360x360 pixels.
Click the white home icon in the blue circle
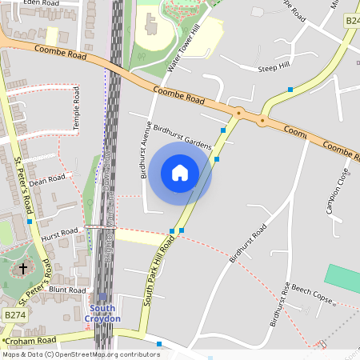(x=180, y=172)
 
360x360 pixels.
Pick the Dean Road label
(x=46, y=182)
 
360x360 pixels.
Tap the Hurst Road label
(x=61, y=233)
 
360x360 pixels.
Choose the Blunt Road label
(x=67, y=290)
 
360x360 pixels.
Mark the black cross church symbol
(x=22, y=269)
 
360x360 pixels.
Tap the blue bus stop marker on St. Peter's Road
(x=29, y=221)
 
